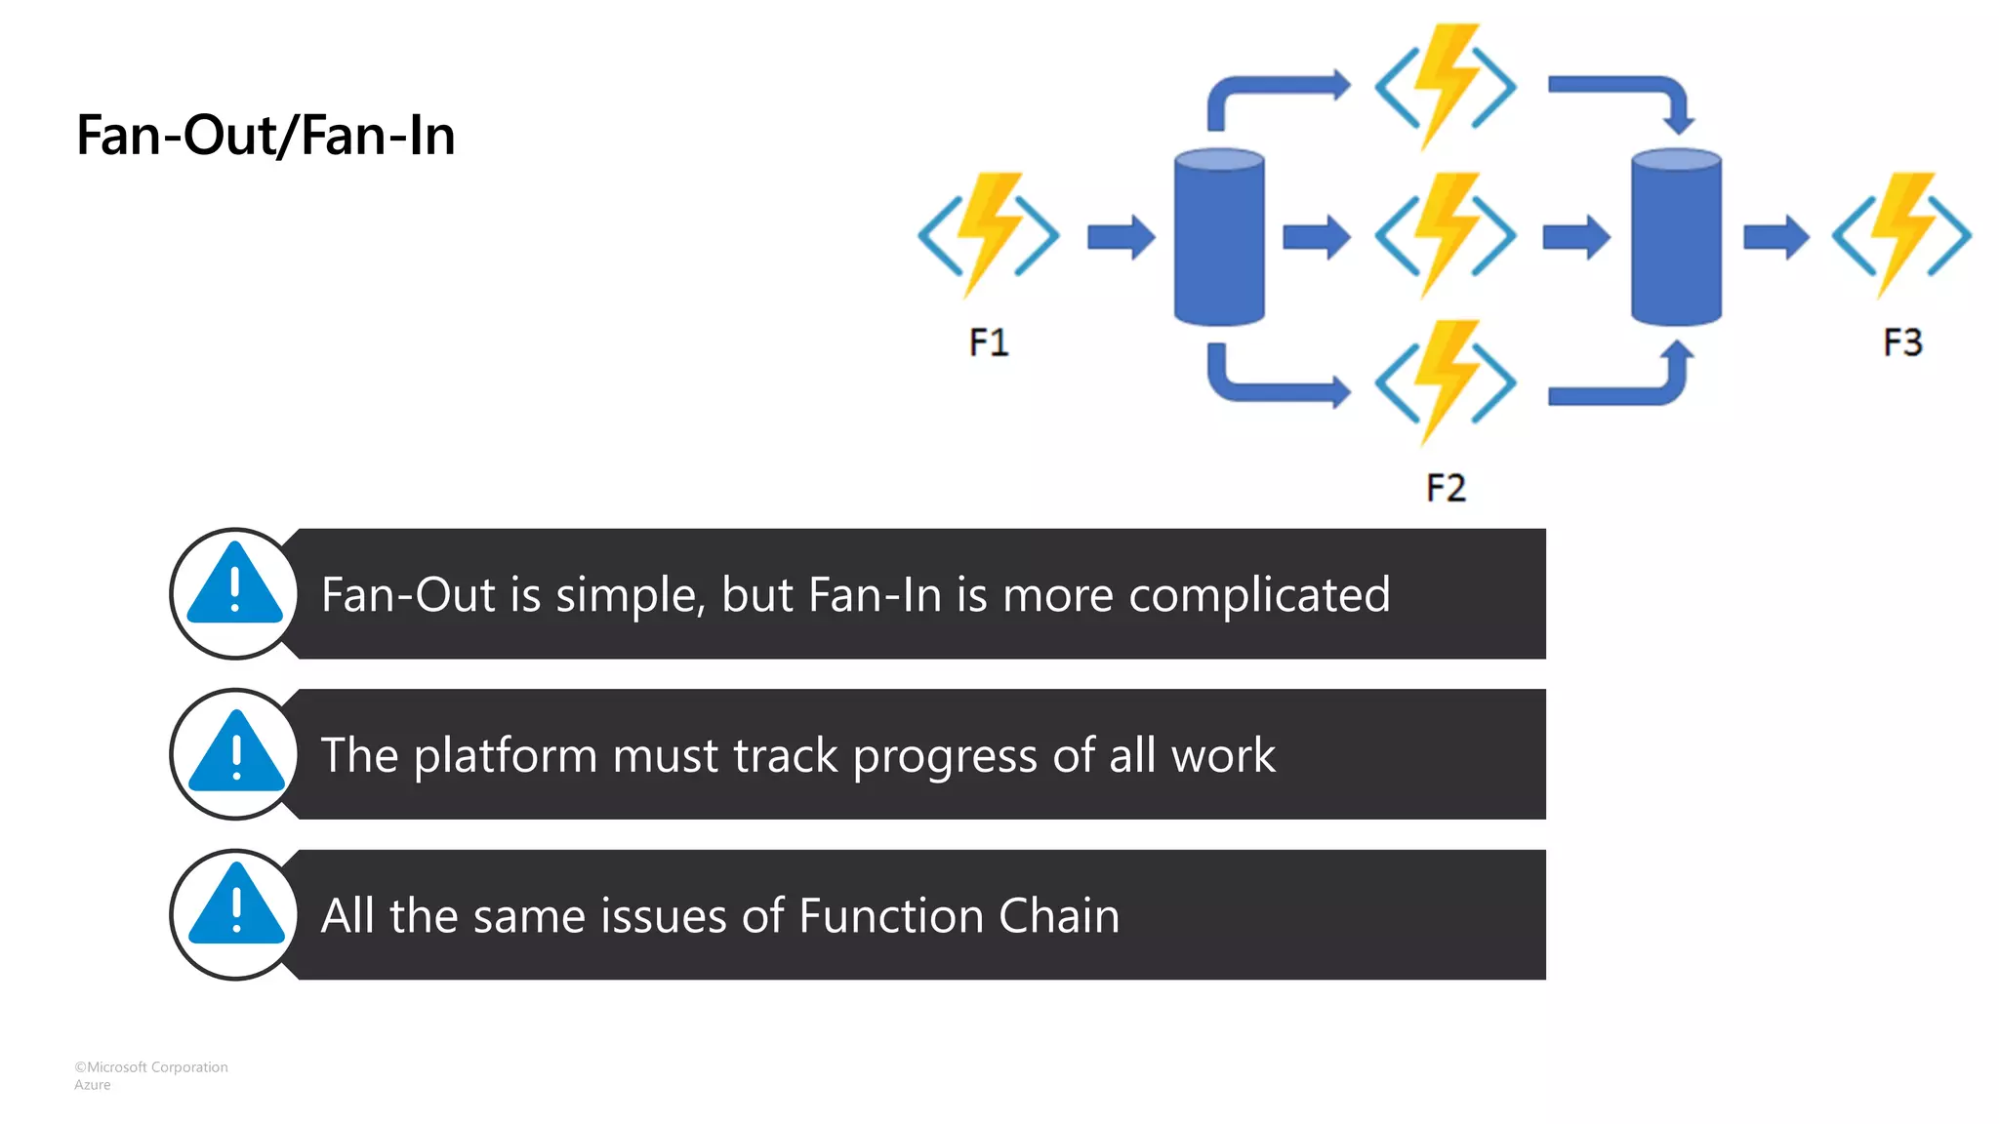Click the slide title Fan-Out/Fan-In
(x=265, y=136)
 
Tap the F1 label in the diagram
(x=988, y=342)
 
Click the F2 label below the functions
(x=1446, y=488)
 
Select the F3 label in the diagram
(x=1902, y=342)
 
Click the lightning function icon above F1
(x=989, y=234)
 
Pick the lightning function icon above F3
(x=1901, y=234)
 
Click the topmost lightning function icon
(x=1446, y=86)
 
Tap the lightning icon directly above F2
(x=1446, y=381)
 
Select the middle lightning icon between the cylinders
(x=1446, y=234)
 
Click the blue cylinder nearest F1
(x=1219, y=236)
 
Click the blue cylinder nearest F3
(x=1676, y=236)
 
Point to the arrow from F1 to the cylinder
(x=1121, y=236)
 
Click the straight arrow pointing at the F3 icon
(x=1775, y=236)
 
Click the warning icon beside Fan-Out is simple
(x=235, y=593)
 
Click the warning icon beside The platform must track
(x=235, y=754)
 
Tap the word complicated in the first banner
(x=1259, y=595)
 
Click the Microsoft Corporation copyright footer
(x=151, y=1067)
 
